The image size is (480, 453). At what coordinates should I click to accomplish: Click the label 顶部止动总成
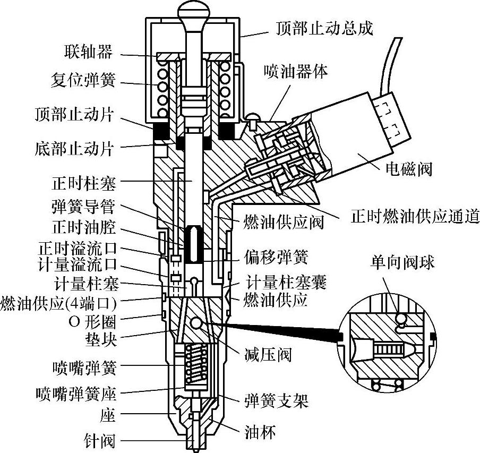(x=324, y=28)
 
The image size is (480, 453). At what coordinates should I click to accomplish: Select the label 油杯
(x=261, y=432)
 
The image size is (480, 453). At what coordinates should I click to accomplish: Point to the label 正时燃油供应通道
(x=415, y=216)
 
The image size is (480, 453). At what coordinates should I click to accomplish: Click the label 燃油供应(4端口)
(x=58, y=305)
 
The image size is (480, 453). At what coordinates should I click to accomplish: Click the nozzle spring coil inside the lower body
(x=196, y=363)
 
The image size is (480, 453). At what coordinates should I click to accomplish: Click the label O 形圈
(x=91, y=321)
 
